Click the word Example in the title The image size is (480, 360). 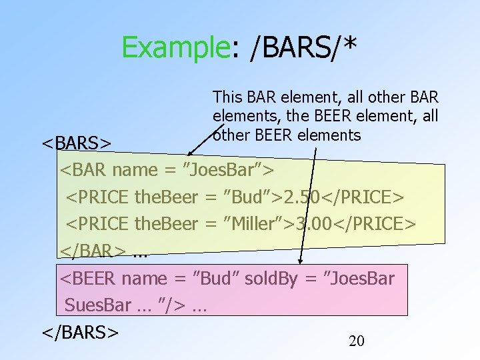(175, 47)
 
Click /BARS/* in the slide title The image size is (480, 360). (303, 47)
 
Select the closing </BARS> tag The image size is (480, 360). (81, 332)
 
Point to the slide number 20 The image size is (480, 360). (357, 341)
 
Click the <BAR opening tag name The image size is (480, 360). (84, 170)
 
